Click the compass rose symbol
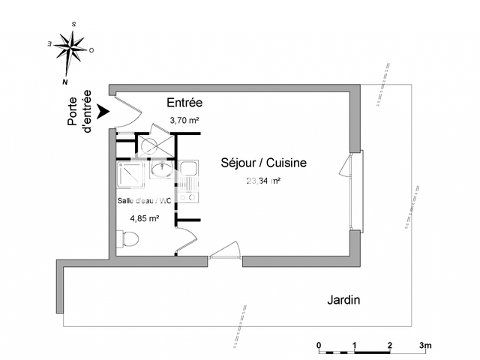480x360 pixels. pos(73,49)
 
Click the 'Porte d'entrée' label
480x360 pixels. pos(79,112)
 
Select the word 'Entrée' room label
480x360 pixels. pos(184,103)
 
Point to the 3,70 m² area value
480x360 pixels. pos(184,120)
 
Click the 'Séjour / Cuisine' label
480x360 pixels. pos(263,162)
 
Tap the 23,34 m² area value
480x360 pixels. pos(263,181)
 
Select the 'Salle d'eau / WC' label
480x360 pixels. pos(145,200)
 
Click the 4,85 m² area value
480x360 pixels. pos(144,219)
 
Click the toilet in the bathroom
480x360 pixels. pos(129,239)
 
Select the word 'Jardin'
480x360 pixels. pos(344,300)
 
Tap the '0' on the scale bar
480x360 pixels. pos(319,346)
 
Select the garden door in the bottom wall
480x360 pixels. pos(225,253)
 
